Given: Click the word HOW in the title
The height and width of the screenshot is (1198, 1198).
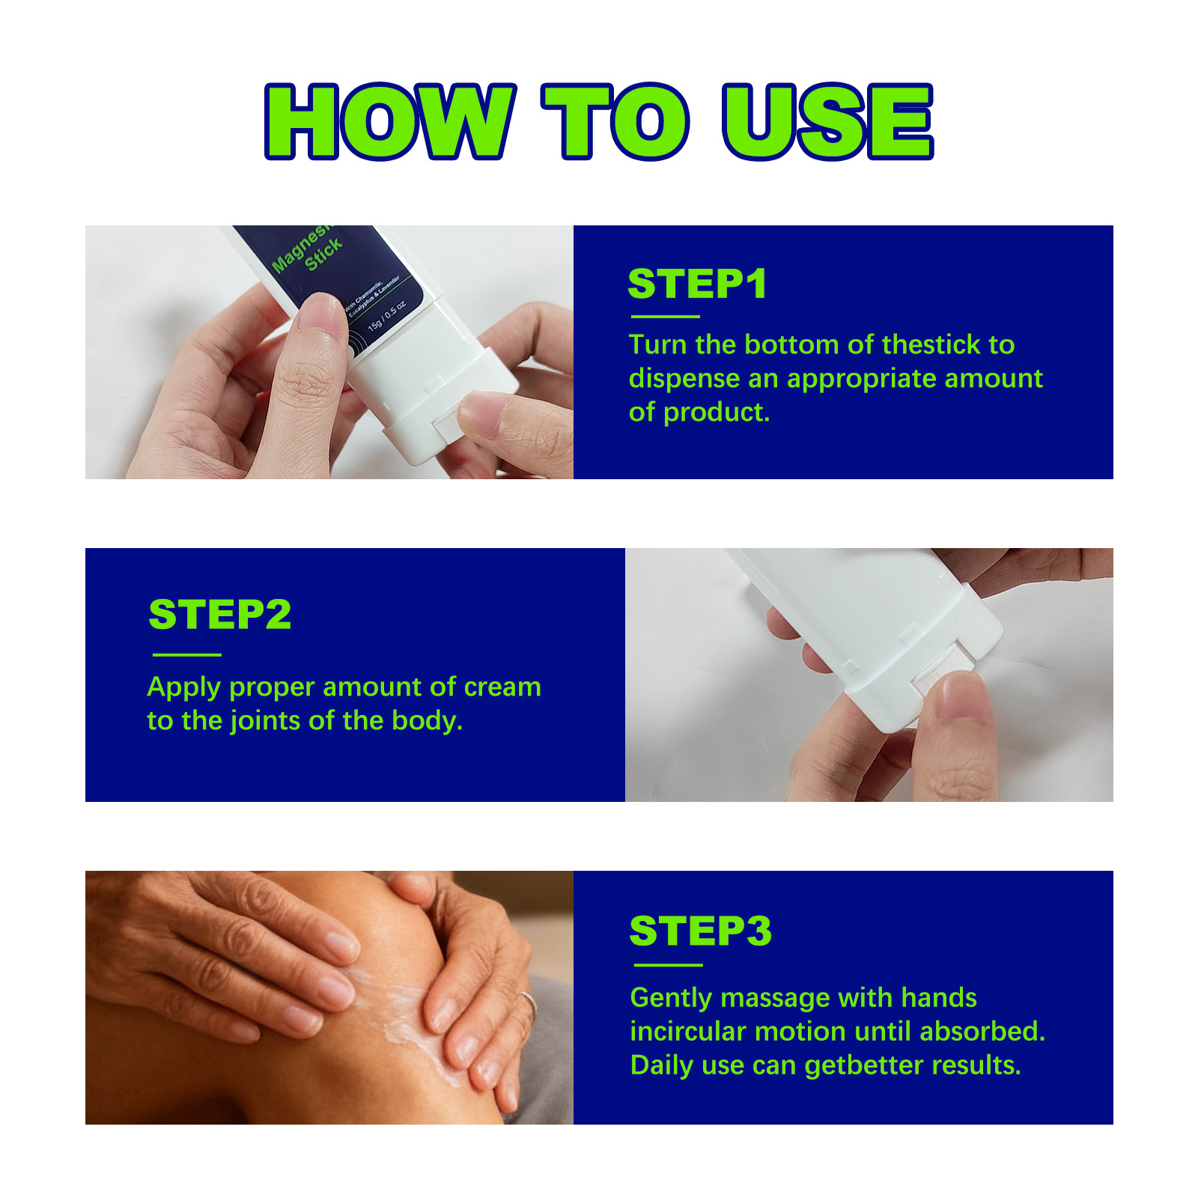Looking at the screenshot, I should (x=389, y=121).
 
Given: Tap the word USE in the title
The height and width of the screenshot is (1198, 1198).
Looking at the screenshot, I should (x=827, y=121).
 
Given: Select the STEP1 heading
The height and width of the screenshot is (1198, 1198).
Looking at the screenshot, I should (x=697, y=284).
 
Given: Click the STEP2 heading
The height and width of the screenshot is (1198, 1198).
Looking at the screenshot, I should (x=219, y=615).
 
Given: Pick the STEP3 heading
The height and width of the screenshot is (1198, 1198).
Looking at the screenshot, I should (x=700, y=931).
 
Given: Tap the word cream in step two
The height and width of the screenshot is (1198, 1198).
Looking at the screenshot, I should (x=502, y=687).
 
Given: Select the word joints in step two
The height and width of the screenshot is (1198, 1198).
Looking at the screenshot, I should (x=265, y=720).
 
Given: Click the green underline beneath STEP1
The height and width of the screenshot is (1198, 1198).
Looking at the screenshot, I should (x=665, y=317).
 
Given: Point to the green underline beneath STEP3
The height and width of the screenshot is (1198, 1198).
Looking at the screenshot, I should (x=666, y=965).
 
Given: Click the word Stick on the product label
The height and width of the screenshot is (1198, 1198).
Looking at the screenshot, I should (x=323, y=255).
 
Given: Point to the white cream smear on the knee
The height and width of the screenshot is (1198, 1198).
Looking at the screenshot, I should (x=404, y=1011).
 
